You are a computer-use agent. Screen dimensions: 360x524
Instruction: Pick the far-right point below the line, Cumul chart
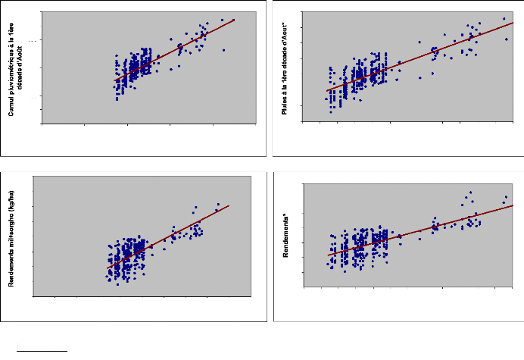click(224, 50)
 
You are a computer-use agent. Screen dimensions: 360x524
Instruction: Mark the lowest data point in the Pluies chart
click(331, 111)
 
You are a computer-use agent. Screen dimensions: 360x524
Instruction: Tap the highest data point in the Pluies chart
click(504, 19)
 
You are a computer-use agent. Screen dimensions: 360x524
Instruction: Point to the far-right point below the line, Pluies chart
click(507, 39)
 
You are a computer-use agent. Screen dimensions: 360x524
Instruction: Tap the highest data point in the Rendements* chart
click(470, 192)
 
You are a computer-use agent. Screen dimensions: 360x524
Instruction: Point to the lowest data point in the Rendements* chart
click(345, 271)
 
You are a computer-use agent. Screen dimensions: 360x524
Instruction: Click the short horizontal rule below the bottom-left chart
click(43, 351)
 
